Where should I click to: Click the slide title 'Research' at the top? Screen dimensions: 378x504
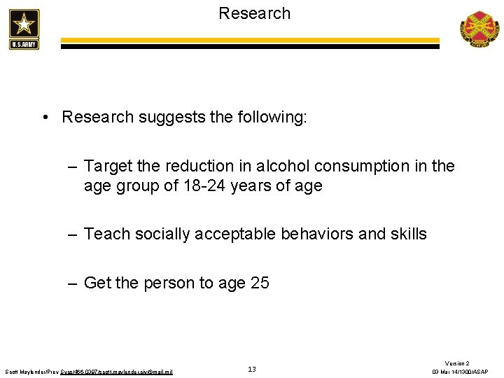254,13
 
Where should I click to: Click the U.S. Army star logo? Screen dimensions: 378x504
24,29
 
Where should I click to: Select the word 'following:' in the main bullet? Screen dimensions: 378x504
272,117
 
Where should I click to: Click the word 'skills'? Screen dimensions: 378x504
408,234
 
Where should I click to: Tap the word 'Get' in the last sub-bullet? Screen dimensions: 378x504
97,283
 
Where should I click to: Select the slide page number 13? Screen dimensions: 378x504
252,369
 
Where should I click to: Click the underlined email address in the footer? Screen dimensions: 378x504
133,371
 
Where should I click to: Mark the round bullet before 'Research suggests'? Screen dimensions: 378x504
44,117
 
